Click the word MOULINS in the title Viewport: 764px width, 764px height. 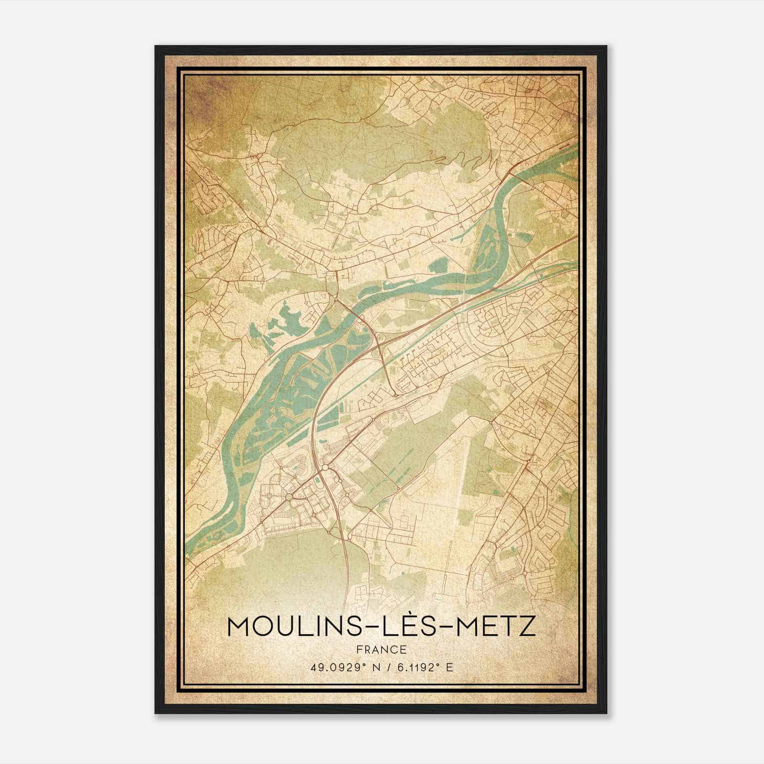pyautogui.click(x=292, y=626)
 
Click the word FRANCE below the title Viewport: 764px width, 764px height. pyautogui.click(x=381, y=649)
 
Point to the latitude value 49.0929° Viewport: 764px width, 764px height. pyautogui.click(x=337, y=668)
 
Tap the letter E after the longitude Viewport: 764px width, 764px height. pyautogui.click(x=448, y=668)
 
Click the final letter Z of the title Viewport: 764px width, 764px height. pyautogui.click(x=527, y=626)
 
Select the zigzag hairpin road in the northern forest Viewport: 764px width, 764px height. pyautogui.click(x=470, y=158)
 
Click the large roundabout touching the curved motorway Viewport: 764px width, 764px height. pyautogui.click(x=289, y=498)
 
